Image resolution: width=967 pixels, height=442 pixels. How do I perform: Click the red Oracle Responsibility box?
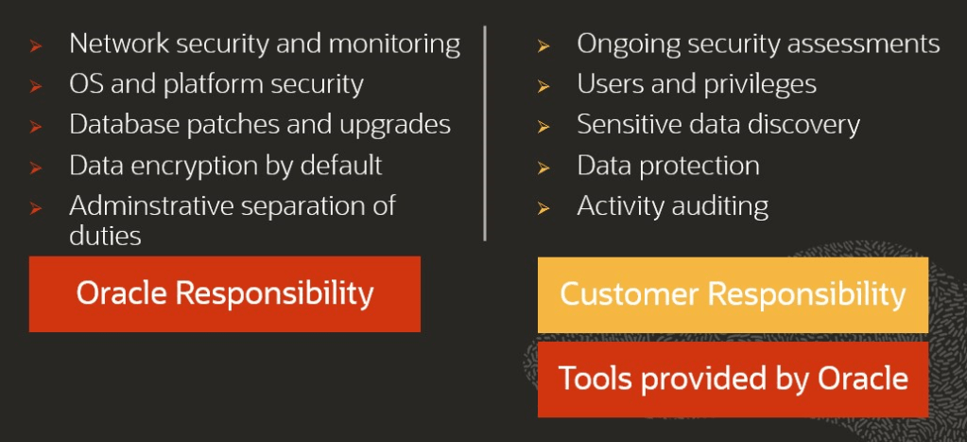[224, 293]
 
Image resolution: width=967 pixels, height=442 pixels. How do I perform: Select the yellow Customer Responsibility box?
[733, 295]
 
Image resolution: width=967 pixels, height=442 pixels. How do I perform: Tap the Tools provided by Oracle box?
[733, 380]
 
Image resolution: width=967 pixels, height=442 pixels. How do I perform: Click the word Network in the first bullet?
[119, 44]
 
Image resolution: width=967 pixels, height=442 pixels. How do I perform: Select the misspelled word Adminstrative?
[150, 205]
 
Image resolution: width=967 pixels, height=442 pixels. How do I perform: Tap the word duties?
[105, 236]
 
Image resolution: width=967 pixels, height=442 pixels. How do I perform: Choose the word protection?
[700, 166]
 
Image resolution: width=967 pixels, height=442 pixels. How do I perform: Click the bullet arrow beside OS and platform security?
[36, 87]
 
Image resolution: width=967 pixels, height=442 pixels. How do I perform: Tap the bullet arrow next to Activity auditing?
[544, 208]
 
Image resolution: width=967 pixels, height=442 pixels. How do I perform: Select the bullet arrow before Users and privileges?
[544, 87]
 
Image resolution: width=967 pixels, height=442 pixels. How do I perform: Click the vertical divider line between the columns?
[485, 133]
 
